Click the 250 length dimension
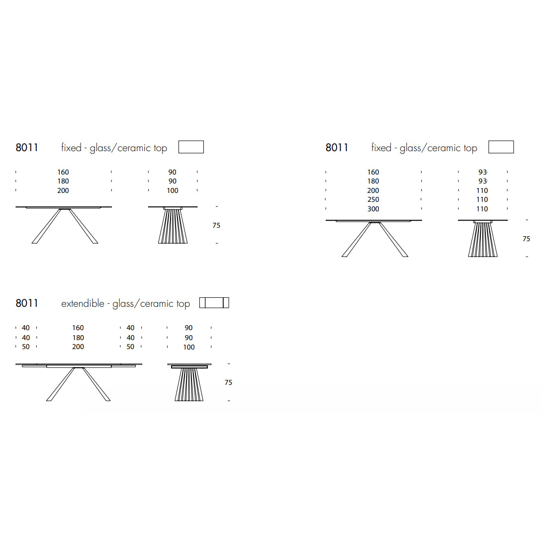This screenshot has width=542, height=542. pos(373,199)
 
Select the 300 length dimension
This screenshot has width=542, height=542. pos(373,209)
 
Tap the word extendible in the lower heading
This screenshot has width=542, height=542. pos(83,303)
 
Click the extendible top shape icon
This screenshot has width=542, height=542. pos(214,303)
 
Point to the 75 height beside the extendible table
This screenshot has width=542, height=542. pos(228,382)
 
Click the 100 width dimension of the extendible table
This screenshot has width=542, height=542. pos(189,347)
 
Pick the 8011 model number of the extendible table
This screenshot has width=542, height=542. pos(27,303)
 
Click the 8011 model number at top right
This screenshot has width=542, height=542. pos(337,148)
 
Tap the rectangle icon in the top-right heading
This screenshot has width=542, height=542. pos(501,147)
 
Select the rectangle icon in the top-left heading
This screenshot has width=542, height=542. pos(191,147)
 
